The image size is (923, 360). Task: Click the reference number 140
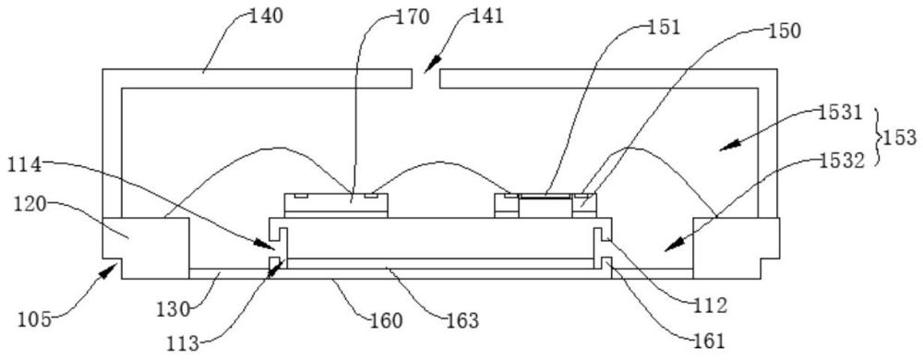click(x=266, y=16)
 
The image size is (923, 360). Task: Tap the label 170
click(x=412, y=18)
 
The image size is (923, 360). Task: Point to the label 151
click(x=664, y=27)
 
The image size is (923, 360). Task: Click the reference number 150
click(x=784, y=31)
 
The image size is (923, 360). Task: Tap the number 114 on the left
click(x=24, y=166)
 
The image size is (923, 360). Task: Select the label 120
click(x=29, y=205)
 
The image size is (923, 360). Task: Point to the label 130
click(x=174, y=309)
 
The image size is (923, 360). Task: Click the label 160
click(x=386, y=321)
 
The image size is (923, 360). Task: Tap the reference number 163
click(x=461, y=321)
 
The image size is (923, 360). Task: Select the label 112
click(x=710, y=306)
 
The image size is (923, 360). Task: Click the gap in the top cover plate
click(x=426, y=78)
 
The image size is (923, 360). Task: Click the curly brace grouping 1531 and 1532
click(x=875, y=138)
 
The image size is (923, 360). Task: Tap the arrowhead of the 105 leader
click(x=108, y=271)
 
